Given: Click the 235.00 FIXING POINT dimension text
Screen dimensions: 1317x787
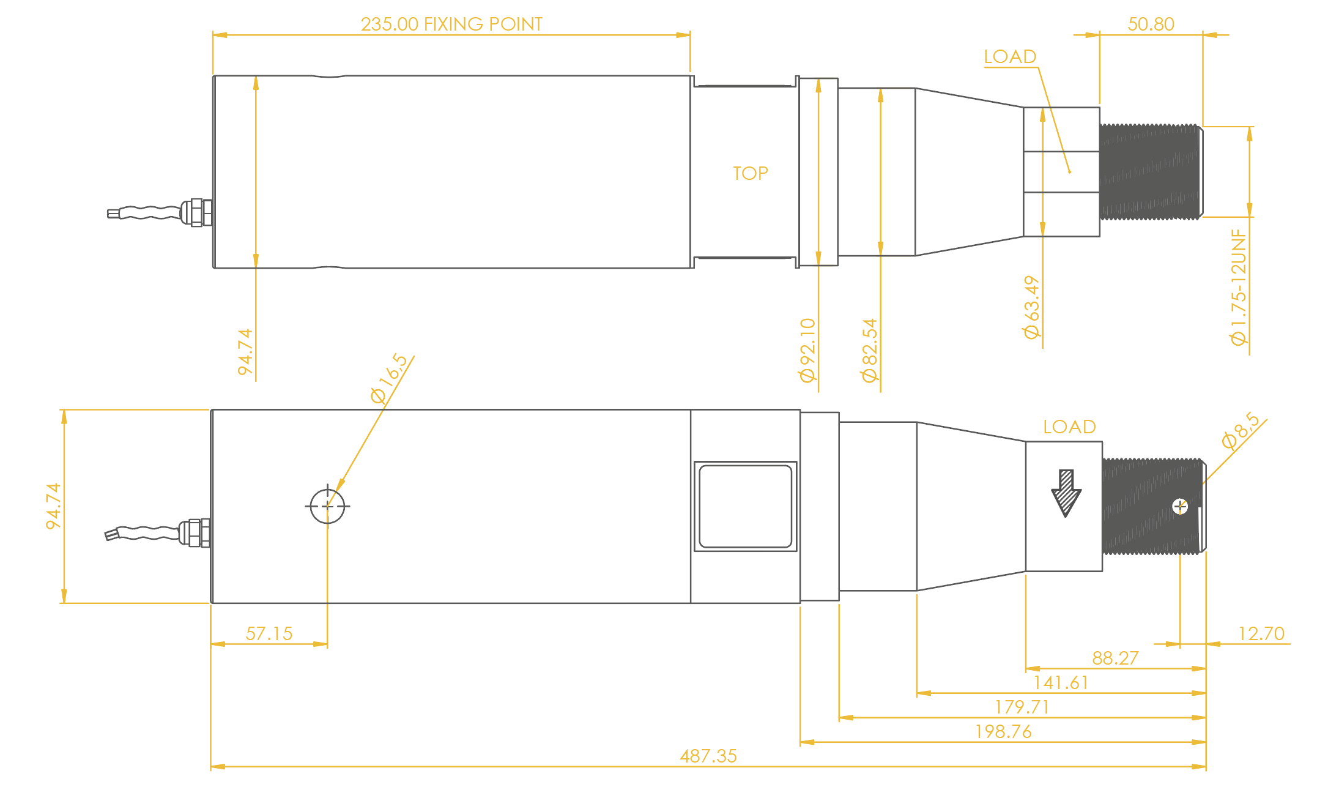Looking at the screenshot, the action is [x=451, y=24].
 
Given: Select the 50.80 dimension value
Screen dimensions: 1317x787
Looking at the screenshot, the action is [x=1151, y=24].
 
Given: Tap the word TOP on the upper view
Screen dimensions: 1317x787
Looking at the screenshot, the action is [x=751, y=173].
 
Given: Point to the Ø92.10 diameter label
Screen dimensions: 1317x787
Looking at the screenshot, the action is [x=808, y=350].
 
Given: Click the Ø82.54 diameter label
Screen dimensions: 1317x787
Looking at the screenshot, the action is [x=869, y=350].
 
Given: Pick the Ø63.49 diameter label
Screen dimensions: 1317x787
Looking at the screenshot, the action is [x=1031, y=307].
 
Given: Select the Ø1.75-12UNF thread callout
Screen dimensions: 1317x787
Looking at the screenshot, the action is [x=1239, y=287].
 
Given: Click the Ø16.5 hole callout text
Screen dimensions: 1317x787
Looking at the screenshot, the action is [x=389, y=378].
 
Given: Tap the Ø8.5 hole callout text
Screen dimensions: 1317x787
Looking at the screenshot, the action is [x=1241, y=431].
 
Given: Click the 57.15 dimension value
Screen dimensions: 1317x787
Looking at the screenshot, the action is [x=269, y=633].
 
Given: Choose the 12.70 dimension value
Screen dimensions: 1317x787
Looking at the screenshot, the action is [x=1261, y=633].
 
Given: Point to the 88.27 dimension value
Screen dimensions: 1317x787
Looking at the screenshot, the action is [x=1115, y=658].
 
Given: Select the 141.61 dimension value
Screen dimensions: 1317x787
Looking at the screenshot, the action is [x=1061, y=682].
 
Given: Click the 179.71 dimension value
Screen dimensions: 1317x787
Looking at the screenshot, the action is [x=1022, y=707].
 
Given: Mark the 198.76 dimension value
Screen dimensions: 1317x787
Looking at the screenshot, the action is [x=1003, y=731].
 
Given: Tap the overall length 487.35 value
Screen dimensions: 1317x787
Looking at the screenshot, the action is [x=708, y=756].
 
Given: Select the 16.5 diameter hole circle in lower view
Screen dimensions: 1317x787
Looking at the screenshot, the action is [x=327, y=506].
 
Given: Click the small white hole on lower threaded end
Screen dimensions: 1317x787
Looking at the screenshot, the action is [x=1180, y=507].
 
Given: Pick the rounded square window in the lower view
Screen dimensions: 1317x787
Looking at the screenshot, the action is [x=746, y=506].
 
